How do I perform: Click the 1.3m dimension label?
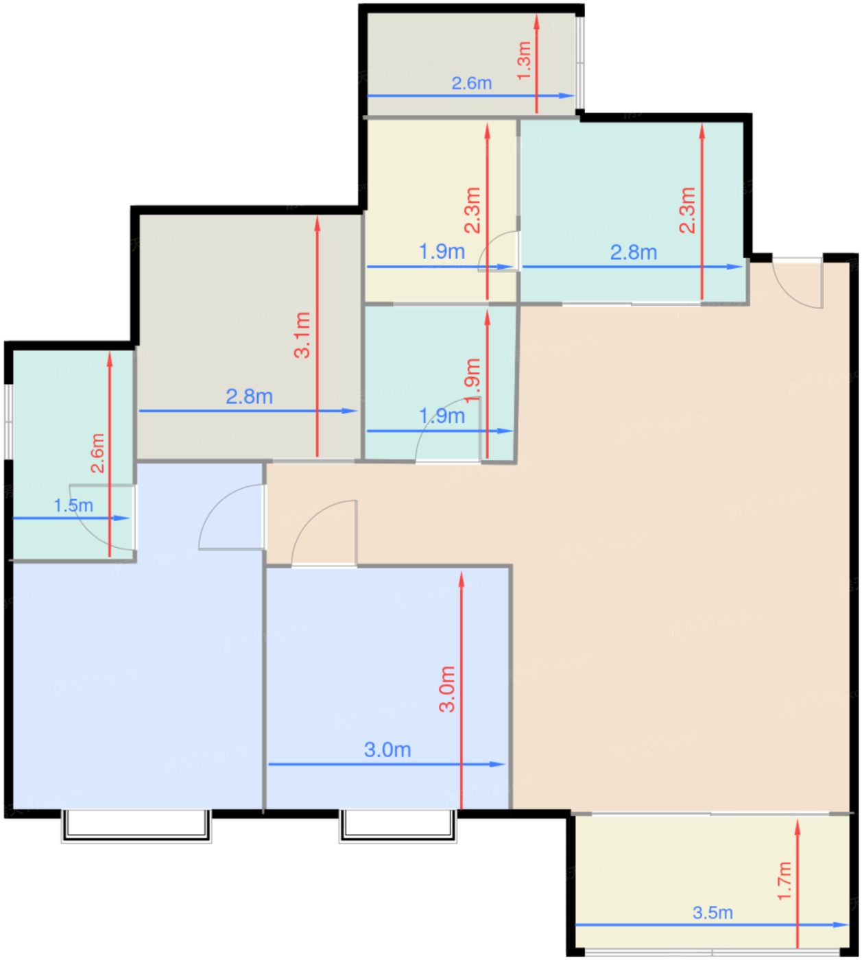[524, 60]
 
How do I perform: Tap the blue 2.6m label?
[472, 84]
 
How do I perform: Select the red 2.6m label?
[97, 453]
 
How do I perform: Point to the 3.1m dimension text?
[302, 335]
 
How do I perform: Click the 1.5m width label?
[73, 505]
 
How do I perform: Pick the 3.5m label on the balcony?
[713, 913]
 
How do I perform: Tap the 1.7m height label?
[785, 881]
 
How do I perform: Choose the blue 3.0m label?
[387, 749]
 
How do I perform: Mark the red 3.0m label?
[447, 689]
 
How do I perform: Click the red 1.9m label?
[473, 381]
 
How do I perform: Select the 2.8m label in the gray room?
[249, 396]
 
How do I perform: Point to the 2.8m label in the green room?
[634, 252]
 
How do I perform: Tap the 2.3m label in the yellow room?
[473, 210]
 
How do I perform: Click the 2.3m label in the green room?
[687, 210]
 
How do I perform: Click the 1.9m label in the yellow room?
[442, 252]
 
